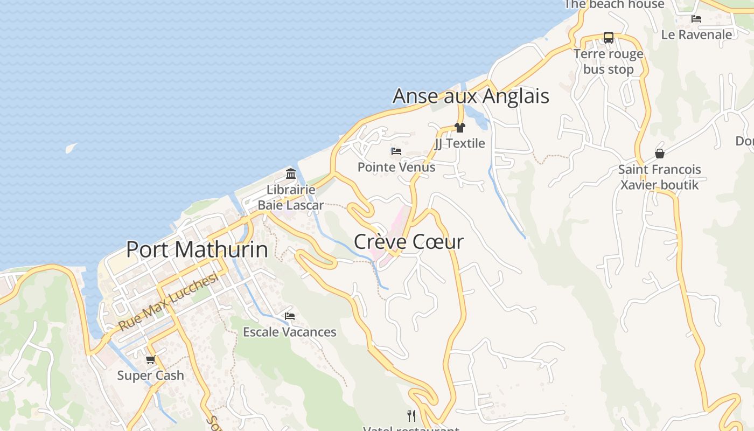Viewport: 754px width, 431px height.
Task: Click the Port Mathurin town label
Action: tap(197, 249)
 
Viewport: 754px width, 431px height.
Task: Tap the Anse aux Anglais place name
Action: tap(471, 96)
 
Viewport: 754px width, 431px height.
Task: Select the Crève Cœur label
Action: tap(408, 242)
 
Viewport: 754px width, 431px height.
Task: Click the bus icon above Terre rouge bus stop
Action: tap(608, 38)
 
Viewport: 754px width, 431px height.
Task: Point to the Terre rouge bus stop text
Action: tap(608, 61)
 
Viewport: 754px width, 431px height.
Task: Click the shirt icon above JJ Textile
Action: tap(459, 128)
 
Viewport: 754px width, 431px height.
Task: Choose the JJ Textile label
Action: tap(459, 143)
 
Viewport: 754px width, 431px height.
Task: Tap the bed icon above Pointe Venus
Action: tap(396, 151)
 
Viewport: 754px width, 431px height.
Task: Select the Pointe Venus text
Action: tap(396, 167)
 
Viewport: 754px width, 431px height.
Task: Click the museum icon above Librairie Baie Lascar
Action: tap(291, 174)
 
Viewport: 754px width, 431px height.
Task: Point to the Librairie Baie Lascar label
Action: tap(291, 197)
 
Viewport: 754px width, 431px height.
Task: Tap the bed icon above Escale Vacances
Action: tap(290, 316)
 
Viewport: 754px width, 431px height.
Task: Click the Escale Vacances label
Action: tap(290, 332)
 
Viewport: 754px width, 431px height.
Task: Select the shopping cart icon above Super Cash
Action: tap(151, 359)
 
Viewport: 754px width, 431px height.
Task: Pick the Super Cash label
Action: tap(151, 376)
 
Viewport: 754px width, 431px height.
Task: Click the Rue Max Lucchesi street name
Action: tap(168, 302)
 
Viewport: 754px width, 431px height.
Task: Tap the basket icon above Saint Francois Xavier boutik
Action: tap(660, 154)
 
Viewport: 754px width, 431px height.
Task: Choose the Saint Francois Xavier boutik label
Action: tap(660, 177)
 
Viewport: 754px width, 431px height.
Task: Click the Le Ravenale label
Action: tap(696, 34)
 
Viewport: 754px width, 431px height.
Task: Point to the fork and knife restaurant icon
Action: tap(411, 415)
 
